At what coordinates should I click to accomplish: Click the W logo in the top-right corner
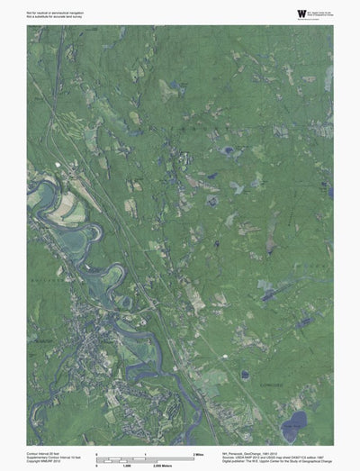(x=300, y=13)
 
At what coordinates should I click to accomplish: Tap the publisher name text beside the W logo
(x=320, y=13)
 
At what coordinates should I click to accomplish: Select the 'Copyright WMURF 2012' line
(x=43, y=460)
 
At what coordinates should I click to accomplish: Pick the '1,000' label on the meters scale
(x=128, y=466)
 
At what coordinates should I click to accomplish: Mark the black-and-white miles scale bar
(x=144, y=457)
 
